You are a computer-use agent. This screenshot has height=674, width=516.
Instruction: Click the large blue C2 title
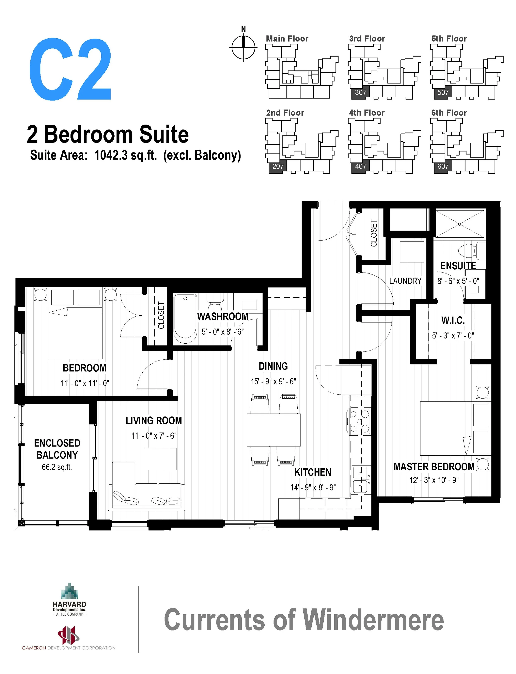[70, 69]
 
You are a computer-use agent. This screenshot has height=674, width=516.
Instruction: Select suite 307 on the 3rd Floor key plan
[360, 92]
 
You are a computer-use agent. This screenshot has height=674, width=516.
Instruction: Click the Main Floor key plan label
[287, 39]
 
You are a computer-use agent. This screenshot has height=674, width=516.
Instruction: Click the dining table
[273, 430]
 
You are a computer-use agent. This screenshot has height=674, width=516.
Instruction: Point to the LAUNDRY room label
[405, 281]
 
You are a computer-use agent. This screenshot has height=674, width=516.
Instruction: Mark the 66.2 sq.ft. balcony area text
[57, 467]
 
